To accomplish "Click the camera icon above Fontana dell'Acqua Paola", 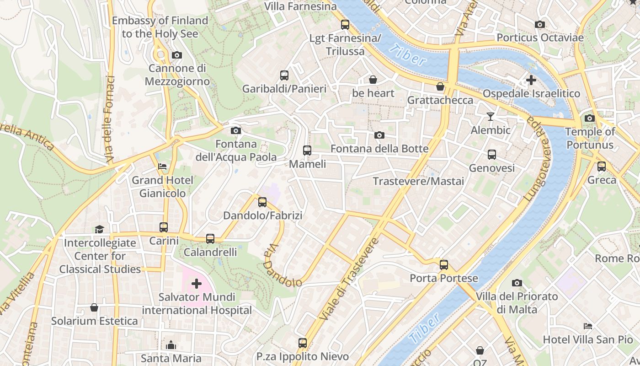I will click(236, 131).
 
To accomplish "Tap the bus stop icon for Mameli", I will click(307, 151).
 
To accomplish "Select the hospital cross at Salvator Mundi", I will click(197, 284).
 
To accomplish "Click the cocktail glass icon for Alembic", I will click(491, 117).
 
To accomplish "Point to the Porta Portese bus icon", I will click(443, 265).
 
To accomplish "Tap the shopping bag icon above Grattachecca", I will click(440, 86).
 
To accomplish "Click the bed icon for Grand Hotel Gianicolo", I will click(162, 167).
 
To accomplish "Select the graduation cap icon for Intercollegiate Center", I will click(99, 229).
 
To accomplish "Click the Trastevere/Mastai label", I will click(418, 181).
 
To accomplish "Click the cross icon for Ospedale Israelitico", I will click(531, 80).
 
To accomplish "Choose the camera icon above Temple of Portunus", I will click(589, 118).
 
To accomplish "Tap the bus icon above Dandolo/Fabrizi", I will click(262, 202).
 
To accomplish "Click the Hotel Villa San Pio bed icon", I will click(588, 326).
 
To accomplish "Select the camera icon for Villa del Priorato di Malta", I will click(517, 283).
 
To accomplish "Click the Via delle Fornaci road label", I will click(110, 119).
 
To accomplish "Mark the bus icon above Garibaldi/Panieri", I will click(284, 75).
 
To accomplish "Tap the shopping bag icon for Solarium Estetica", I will click(94, 307).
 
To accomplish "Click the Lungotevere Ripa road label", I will click(538, 158).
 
